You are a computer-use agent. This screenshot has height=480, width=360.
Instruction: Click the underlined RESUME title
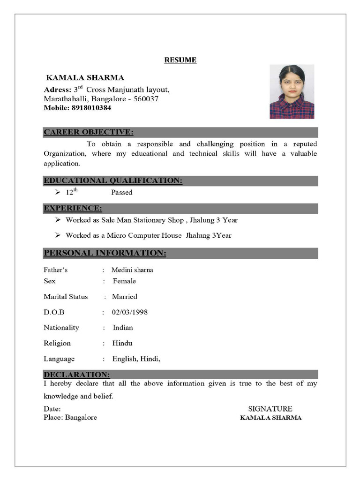click(x=180, y=60)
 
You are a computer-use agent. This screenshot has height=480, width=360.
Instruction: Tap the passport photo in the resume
click(x=292, y=92)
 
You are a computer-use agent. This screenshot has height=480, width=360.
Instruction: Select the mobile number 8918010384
click(x=91, y=108)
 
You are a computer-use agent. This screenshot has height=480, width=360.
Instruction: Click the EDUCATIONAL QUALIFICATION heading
click(x=113, y=180)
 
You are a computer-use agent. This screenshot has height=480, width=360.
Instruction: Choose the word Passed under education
click(x=122, y=192)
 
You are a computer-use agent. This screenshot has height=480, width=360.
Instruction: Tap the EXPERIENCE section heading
click(x=73, y=208)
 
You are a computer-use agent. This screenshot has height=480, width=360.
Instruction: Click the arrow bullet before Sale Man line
click(x=58, y=220)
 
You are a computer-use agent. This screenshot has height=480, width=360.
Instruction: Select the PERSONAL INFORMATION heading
click(x=105, y=254)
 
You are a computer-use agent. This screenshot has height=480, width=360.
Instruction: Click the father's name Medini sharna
click(x=132, y=270)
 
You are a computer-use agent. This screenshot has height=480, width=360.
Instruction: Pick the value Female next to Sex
click(x=124, y=281)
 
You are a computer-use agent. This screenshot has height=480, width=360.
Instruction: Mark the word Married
click(x=125, y=297)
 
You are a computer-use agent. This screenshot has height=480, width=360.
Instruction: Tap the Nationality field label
click(x=61, y=328)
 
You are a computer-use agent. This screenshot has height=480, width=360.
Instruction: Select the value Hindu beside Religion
click(x=122, y=343)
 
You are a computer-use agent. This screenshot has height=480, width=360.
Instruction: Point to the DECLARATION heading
click(x=77, y=375)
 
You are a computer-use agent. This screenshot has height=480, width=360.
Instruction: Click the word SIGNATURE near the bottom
click(x=270, y=409)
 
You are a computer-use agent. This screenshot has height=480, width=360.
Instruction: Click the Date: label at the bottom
click(x=52, y=409)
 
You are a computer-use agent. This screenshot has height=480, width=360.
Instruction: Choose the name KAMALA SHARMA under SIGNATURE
click(x=270, y=418)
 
